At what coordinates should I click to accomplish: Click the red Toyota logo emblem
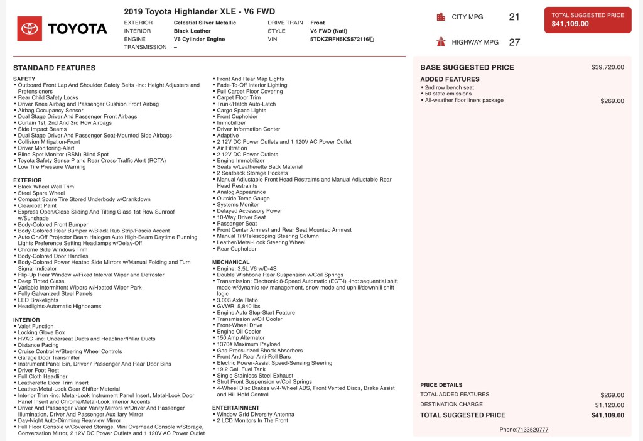30,28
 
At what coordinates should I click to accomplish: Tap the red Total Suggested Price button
587,20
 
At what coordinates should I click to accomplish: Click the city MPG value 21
514,17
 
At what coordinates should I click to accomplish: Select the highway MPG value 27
514,42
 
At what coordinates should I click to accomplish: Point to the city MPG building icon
441,17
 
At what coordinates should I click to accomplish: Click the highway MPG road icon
441,42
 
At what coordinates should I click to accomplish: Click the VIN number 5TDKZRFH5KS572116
339,39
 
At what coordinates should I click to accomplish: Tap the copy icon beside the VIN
372,40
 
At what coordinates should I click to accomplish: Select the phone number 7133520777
532,430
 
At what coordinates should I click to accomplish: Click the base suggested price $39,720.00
607,67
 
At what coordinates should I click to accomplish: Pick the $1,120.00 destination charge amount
609,405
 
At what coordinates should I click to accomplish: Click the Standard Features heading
54,68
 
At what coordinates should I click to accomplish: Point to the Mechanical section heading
230,262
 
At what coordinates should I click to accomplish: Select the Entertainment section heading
235,408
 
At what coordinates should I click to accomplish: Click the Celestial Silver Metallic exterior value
205,23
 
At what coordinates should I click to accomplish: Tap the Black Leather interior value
192,31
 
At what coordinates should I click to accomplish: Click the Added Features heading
450,79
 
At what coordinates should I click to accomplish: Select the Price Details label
441,385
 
